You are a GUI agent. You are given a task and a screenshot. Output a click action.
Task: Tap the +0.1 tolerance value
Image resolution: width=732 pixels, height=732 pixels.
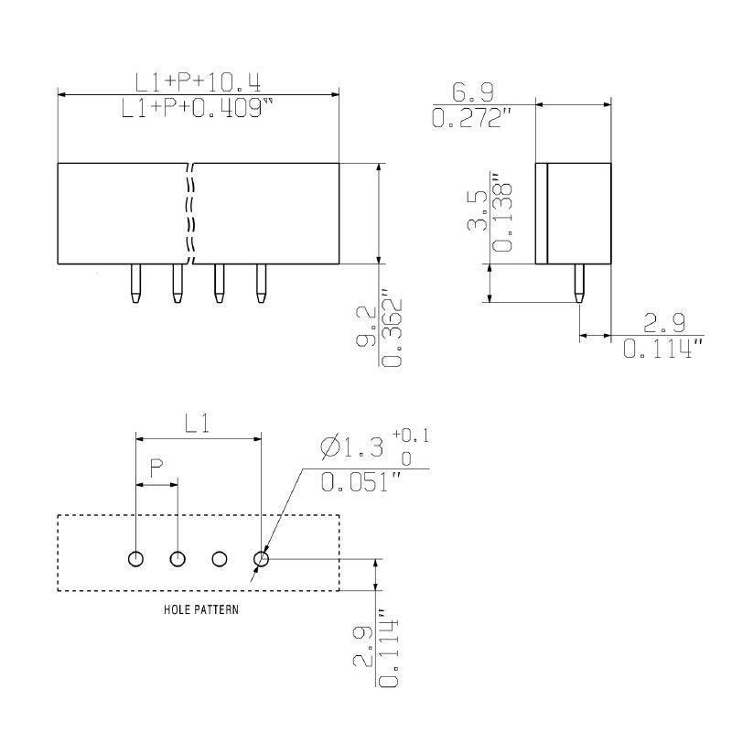[411, 435]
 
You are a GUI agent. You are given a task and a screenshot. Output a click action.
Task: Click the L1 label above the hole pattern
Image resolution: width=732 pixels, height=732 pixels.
[199, 423]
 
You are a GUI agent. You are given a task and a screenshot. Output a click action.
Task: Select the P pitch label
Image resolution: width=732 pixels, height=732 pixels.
[156, 466]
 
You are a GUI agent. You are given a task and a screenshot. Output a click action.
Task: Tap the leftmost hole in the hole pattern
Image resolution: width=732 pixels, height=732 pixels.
[135, 558]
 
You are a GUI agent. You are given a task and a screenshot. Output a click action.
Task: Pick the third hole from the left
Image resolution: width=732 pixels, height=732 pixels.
[220, 558]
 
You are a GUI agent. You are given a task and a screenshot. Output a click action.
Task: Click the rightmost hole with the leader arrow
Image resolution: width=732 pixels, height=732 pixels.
[262, 558]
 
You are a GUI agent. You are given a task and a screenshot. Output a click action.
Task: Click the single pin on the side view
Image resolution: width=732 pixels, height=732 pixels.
[578, 284]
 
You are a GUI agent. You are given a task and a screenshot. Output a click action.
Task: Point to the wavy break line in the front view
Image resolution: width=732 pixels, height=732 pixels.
[190, 213]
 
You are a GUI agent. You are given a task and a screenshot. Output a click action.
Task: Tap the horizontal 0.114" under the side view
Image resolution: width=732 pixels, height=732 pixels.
[662, 350]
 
